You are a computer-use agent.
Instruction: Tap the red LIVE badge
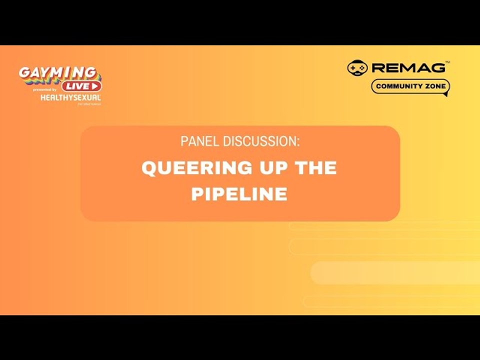point(81,86)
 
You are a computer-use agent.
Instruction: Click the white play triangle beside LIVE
point(95,86)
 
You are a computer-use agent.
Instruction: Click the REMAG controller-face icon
point(357,67)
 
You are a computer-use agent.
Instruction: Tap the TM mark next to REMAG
point(447,62)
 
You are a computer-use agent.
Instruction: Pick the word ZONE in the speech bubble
point(433,86)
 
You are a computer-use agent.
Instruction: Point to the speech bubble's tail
point(444,94)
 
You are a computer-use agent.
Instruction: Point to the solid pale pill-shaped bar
point(395,272)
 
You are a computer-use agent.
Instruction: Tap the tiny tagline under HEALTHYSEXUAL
point(89,104)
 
